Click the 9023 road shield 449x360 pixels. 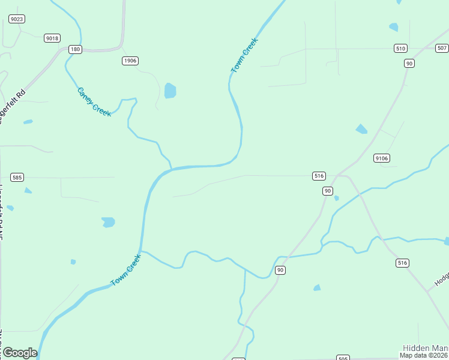[x=17, y=19]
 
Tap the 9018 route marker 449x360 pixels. [x=52, y=38]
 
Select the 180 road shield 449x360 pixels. [x=74, y=49]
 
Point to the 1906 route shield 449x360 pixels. [x=130, y=61]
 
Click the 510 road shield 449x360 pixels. [x=401, y=48]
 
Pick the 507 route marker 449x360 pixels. [x=442, y=48]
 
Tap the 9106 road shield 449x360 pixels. [x=381, y=158]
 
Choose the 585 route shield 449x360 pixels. [x=17, y=177]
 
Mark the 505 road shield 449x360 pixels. [x=343, y=358]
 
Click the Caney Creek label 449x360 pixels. [x=94, y=101]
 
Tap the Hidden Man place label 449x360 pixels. [x=425, y=348]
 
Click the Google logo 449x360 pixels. [x=20, y=353]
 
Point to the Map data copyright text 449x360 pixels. [x=424, y=355]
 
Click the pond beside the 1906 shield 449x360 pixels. [x=170, y=91]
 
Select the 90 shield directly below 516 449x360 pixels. [x=327, y=191]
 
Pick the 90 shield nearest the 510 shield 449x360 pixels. [x=409, y=63]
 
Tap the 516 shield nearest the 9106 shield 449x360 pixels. [x=319, y=176]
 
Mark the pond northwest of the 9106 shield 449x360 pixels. [x=361, y=129]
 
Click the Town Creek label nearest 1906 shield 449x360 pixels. [x=244, y=56]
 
